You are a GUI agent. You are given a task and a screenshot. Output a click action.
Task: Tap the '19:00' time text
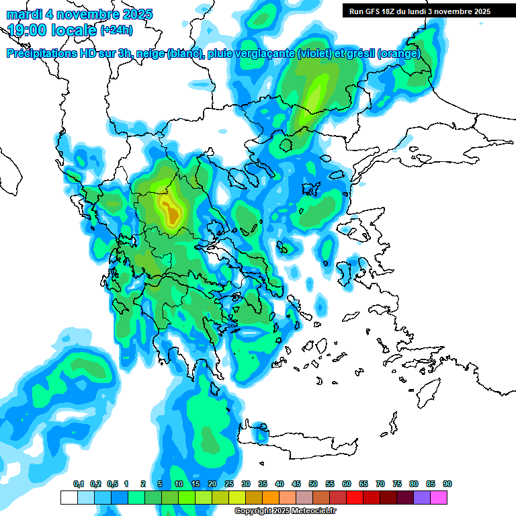[30, 30]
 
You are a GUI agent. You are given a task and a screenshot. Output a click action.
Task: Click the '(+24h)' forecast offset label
[117, 30]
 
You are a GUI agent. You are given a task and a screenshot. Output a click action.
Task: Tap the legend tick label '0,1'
[79, 484]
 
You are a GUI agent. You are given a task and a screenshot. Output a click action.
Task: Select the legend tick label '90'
[447, 484]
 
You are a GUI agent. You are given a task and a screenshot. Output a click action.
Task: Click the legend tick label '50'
[313, 484]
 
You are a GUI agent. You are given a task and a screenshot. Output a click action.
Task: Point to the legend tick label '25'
[229, 484]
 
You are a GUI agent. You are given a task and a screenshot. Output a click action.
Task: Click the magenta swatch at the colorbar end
[439, 497]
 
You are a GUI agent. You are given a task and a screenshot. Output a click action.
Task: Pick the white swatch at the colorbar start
[69, 497]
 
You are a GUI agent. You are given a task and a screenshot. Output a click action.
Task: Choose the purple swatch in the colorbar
[422, 497]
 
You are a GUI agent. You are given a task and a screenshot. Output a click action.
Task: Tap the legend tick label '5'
[160, 484]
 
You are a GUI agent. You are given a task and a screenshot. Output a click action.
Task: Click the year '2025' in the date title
[134, 14]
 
